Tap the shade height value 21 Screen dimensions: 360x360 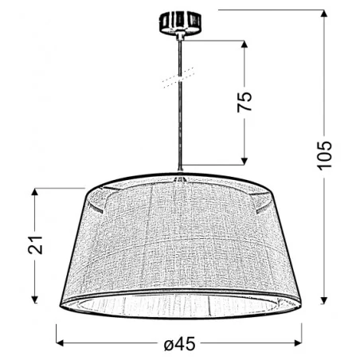click(34, 245)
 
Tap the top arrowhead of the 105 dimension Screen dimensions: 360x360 click(323, 13)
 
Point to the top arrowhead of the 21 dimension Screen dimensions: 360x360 click(34, 191)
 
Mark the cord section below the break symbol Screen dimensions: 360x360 click(182, 127)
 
